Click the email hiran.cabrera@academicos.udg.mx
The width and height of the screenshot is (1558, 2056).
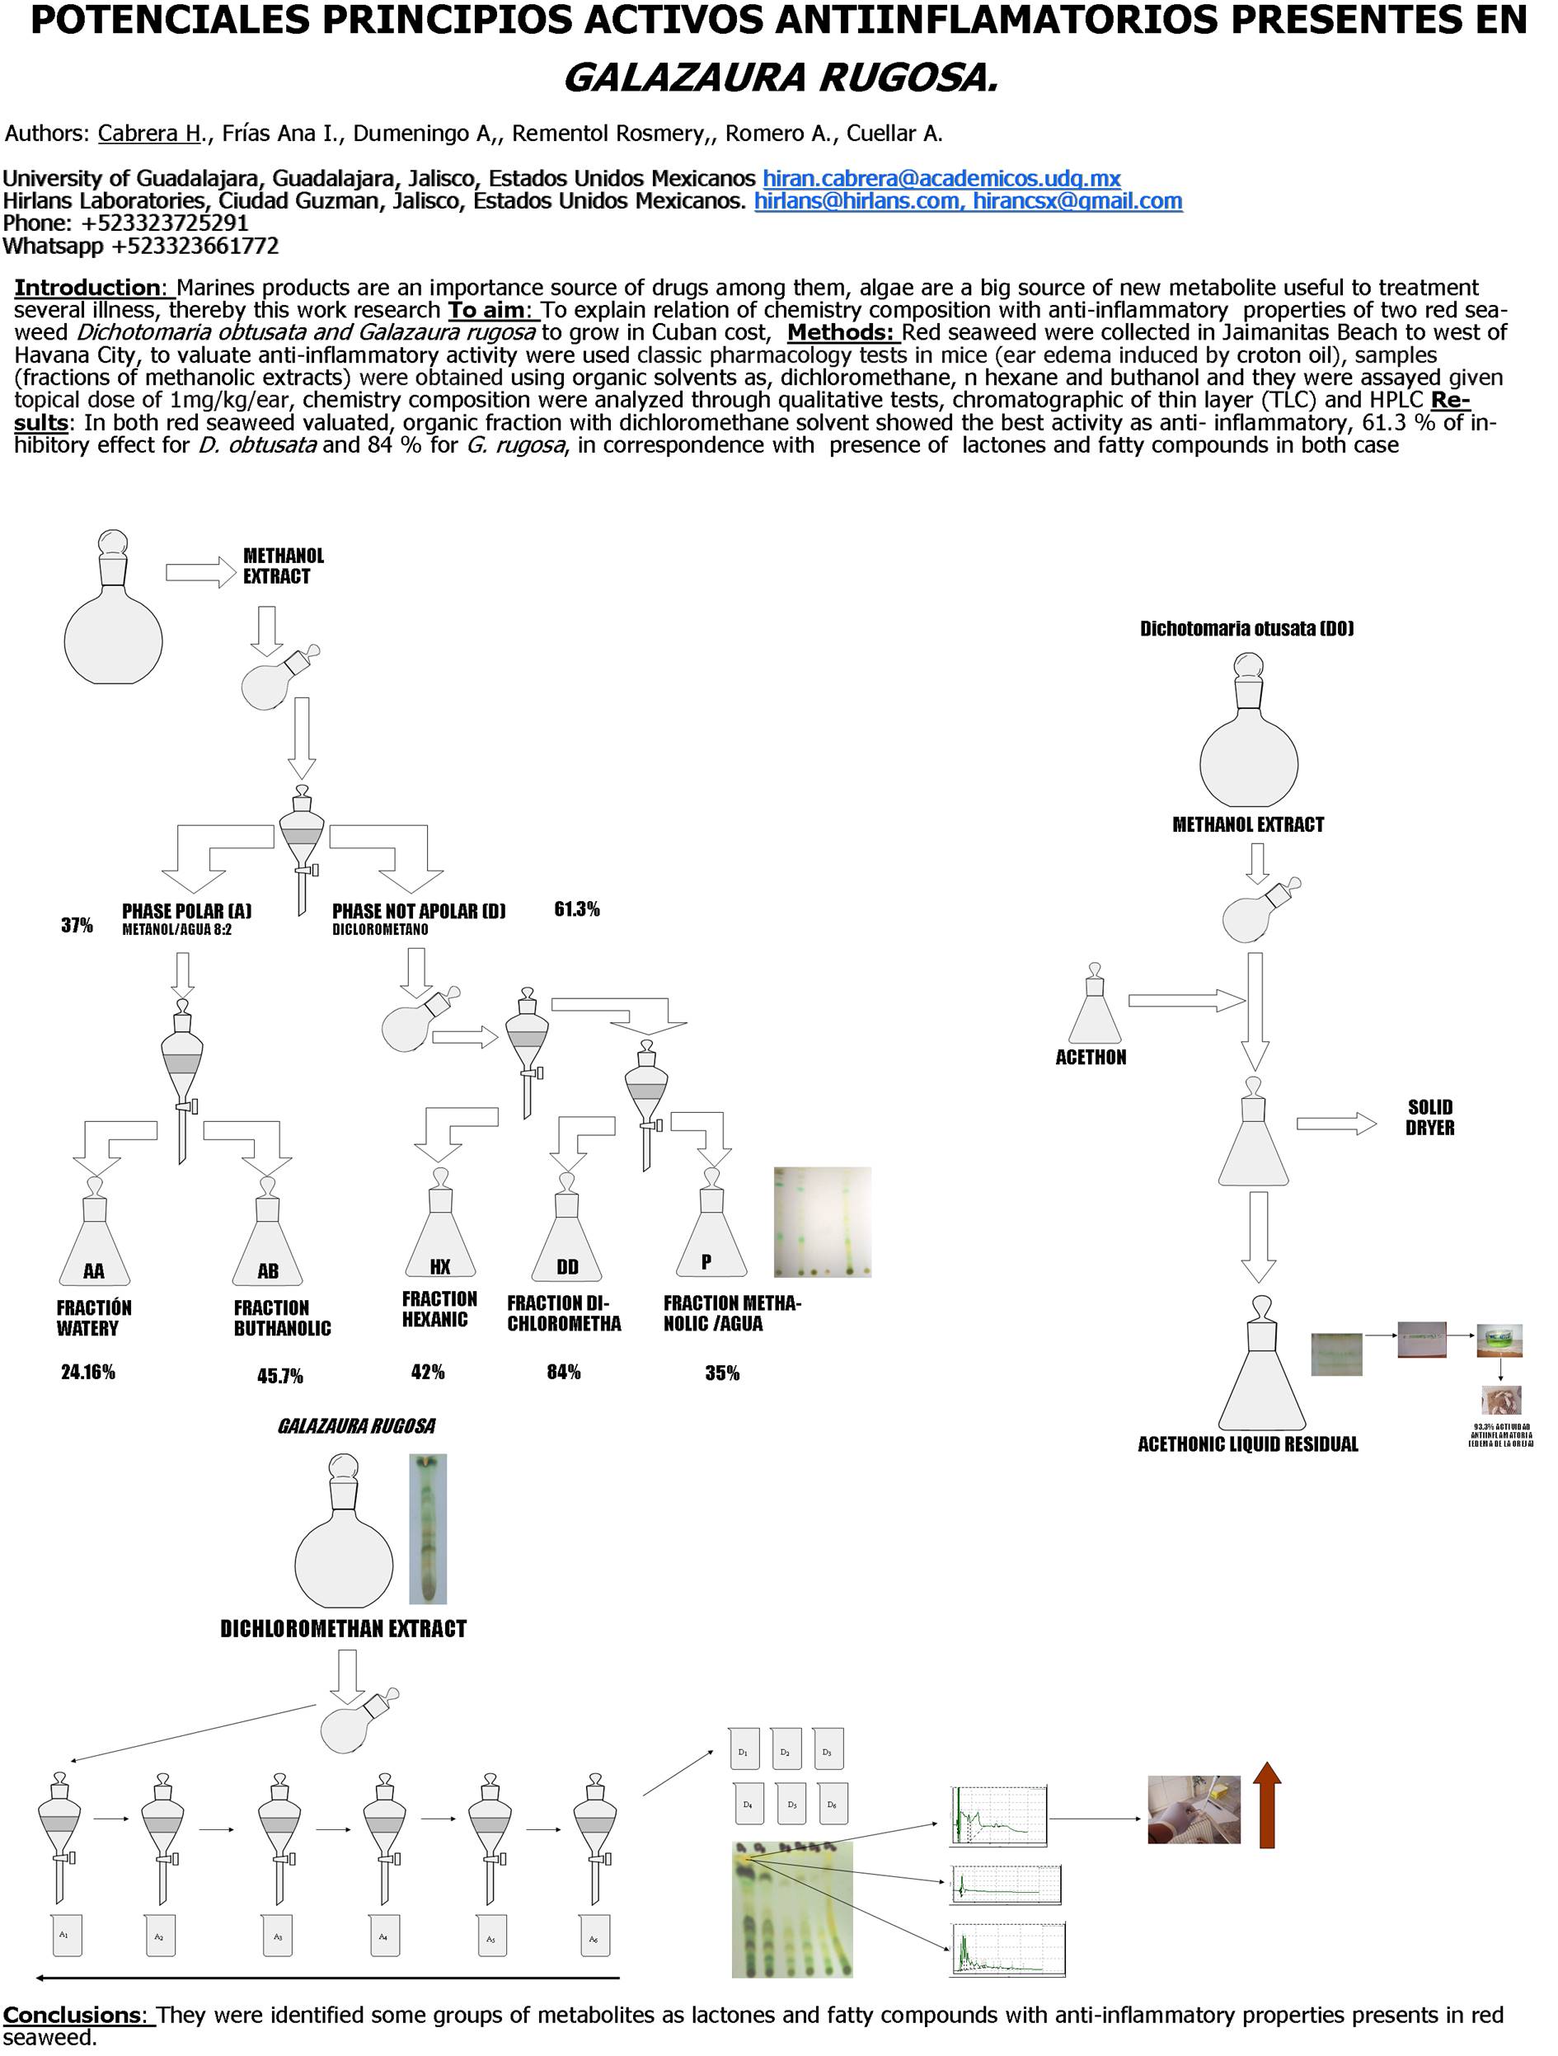click(x=941, y=178)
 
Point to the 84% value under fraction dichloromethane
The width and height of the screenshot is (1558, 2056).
click(x=563, y=1372)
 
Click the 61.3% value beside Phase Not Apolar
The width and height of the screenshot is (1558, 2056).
click(x=576, y=909)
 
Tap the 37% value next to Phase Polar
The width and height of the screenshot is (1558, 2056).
click(x=77, y=925)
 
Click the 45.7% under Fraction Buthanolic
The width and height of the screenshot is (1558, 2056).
click(x=279, y=1376)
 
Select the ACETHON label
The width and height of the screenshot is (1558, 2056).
click(x=1091, y=1057)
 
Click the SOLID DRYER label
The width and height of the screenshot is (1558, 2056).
click(x=1429, y=1117)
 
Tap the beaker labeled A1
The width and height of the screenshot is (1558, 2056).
click(x=65, y=1934)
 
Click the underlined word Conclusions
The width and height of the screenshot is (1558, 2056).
click(x=74, y=2015)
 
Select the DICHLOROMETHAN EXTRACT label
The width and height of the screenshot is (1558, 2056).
click(x=343, y=1628)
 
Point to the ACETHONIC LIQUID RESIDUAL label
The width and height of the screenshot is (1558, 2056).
click(x=1247, y=1443)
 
